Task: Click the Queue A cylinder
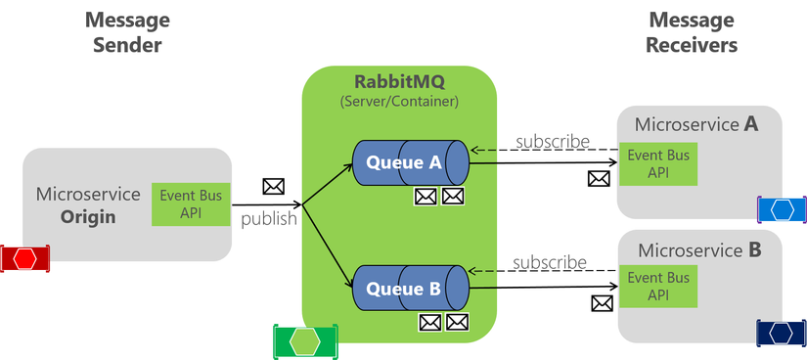coord(410,162)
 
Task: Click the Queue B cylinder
coord(410,289)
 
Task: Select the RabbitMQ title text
coord(398,81)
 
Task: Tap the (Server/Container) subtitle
coord(398,101)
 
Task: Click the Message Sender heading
coord(122,31)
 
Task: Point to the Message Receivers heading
coord(693,31)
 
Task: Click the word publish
coord(269,218)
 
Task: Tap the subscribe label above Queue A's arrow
coord(553,142)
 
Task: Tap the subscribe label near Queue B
coord(550,262)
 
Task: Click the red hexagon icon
coord(23,258)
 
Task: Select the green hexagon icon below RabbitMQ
coord(305,340)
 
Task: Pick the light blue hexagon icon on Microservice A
coord(782,208)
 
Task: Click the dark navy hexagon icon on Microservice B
coord(781,333)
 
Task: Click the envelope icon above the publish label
coord(273,186)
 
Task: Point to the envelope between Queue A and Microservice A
coord(599,178)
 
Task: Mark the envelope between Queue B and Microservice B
coord(602,303)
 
